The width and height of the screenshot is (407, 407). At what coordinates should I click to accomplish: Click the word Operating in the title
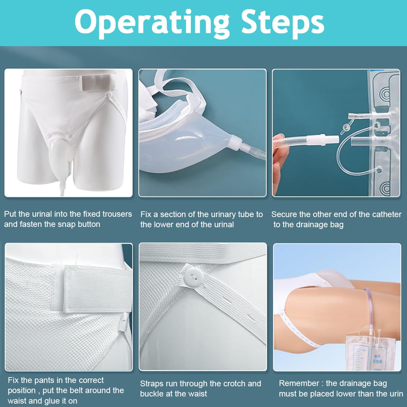click(152, 24)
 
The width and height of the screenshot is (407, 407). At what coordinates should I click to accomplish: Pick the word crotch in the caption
click(232, 384)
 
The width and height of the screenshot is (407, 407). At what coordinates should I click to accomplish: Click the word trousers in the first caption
click(117, 214)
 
